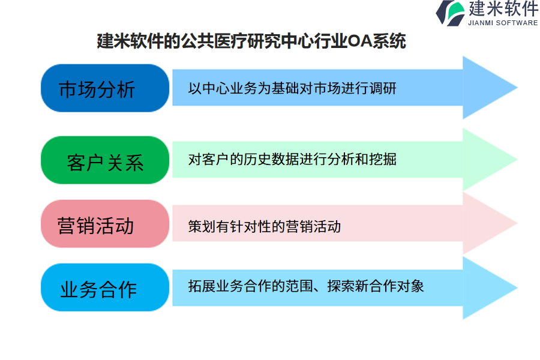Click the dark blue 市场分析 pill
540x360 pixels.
tap(105, 88)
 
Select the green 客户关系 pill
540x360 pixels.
tap(105, 160)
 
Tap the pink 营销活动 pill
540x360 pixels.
tap(105, 224)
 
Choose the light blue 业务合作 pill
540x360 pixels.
tap(105, 287)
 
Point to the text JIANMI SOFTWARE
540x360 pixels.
tap(503, 23)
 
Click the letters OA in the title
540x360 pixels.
tap(360, 41)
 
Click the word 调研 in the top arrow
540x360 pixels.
tap(383, 88)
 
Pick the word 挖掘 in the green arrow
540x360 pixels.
tap(383, 159)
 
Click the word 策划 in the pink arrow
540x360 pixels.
tap(202, 226)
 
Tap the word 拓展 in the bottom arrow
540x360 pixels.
tap(202, 286)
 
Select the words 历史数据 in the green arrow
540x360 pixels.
tap(271, 159)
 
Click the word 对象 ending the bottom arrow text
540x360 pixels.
tap(410, 286)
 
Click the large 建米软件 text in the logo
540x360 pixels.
tap(503, 8)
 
